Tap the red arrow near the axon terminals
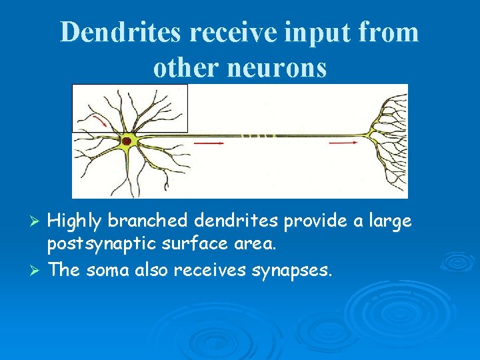pyautogui.click(x=343, y=142)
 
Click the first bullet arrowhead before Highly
pyautogui.click(x=38, y=221)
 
